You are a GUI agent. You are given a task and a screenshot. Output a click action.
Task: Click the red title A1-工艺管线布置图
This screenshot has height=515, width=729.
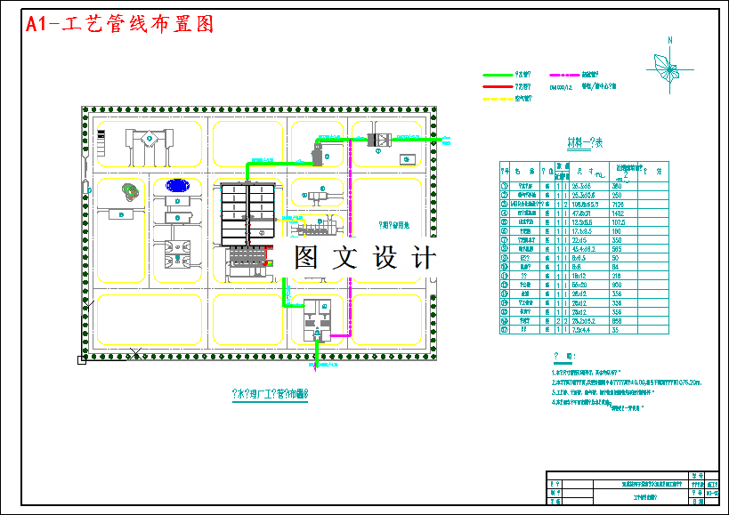120,25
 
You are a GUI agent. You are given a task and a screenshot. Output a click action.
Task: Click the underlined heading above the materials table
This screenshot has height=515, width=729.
585,142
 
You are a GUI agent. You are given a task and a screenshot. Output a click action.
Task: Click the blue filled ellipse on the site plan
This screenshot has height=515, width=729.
177,186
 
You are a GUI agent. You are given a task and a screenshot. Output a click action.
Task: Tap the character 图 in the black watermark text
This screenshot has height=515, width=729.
305,258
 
